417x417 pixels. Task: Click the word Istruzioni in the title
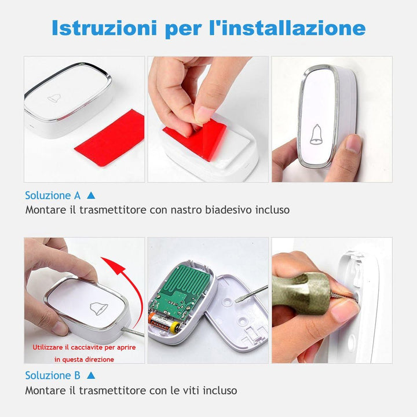tap(104, 28)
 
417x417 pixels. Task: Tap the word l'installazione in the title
tap(287, 28)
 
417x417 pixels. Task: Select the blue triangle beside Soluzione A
tap(91, 196)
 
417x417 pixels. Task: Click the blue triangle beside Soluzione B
tap(91, 375)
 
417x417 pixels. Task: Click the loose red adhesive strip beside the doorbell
tap(109, 138)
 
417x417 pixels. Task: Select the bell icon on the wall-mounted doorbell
tap(316, 134)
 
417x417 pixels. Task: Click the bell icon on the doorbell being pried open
tap(98, 309)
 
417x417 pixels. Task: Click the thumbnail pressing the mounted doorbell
tap(353, 144)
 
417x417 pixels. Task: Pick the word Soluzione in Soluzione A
tap(48, 196)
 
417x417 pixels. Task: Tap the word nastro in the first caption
tap(185, 210)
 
